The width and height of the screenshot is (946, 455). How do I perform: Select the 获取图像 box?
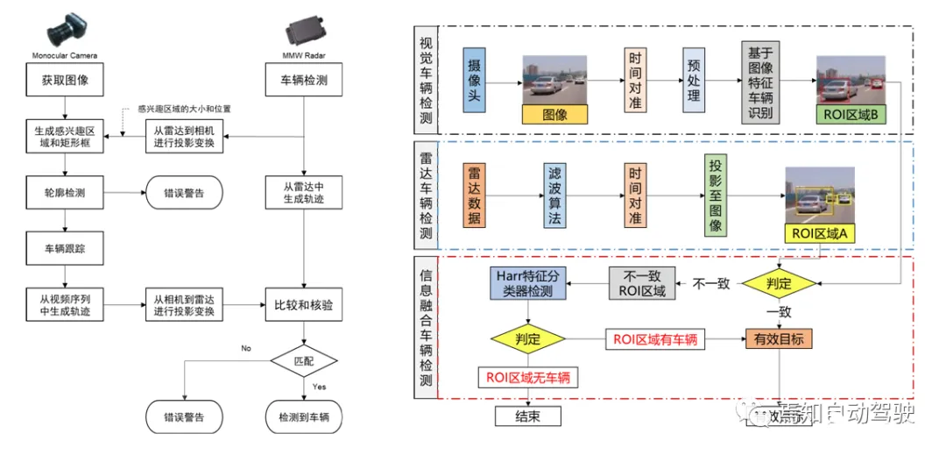[65, 82]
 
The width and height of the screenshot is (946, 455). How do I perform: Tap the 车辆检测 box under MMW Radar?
[302, 82]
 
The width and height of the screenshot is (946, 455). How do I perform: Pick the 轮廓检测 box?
[65, 193]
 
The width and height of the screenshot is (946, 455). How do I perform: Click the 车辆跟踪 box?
[65, 249]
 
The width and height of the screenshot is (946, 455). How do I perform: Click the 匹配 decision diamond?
[302, 359]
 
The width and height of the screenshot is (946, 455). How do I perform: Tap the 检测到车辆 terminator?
[302, 418]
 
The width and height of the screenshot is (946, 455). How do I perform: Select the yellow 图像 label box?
[554, 114]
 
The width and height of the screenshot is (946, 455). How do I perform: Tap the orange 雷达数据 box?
[474, 194]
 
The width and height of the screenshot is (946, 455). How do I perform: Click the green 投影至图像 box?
[716, 196]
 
